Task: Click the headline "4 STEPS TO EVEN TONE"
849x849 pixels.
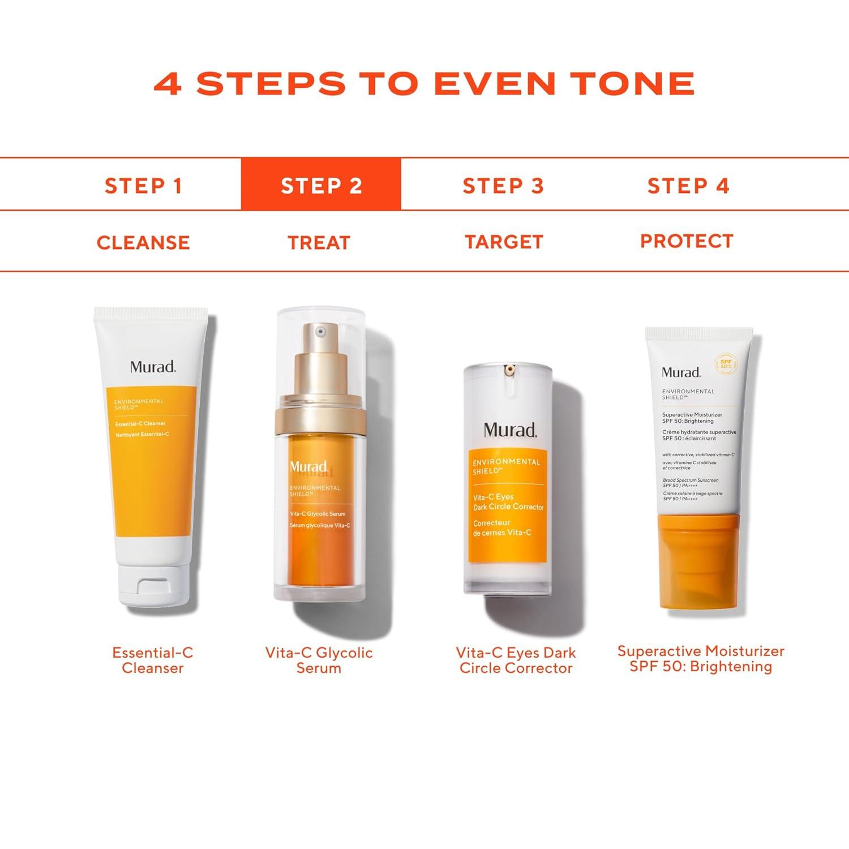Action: (x=424, y=84)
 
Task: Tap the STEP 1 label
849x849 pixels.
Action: (x=143, y=186)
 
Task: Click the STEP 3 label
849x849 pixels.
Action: (x=503, y=186)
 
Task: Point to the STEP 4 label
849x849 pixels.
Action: (x=688, y=186)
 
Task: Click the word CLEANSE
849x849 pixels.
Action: (x=143, y=243)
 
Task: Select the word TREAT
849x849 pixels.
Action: (x=319, y=243)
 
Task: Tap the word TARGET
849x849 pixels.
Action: (x=504, y=242)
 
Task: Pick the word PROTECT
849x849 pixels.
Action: (x=687, y=241)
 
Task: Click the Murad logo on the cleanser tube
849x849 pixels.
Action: (x=153, y=366)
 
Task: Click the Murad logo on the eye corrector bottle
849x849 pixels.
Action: (x=510, y=430)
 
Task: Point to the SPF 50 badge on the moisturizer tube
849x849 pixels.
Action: (x=726, y=363)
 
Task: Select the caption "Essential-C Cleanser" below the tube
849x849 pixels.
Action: (x=153, y=660)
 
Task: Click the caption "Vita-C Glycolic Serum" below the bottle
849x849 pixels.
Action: (x=319, y=660)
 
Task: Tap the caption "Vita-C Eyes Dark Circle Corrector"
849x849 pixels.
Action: (x=516, y=660)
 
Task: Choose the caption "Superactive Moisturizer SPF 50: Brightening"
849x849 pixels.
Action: (x=701, y=659)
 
